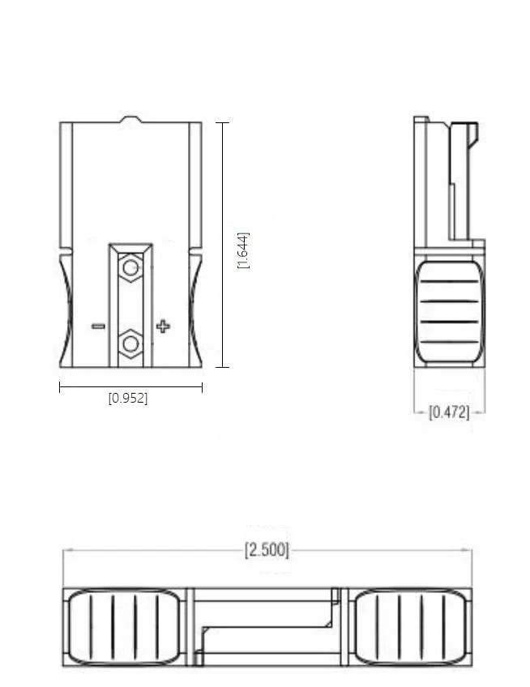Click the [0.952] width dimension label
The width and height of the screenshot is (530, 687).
click(128, 398)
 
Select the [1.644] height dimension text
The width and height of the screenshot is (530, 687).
click(243, 250)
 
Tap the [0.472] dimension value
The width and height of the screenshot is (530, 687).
click(449, 412)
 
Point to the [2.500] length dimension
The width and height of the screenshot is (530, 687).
click(267, 550)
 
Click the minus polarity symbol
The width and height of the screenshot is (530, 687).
click(98, 326)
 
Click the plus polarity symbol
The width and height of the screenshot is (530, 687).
click(163, 326)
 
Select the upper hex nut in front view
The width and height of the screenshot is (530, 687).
click(130, 267)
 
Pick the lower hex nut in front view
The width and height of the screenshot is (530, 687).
click(130, 344)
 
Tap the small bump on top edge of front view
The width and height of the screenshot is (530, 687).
click(130, 119)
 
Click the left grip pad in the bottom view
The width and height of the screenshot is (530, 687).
click(124, 626)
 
